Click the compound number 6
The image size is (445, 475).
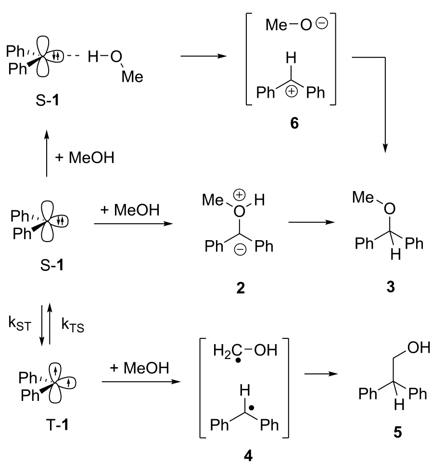tap(294, 123)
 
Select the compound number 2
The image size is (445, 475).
tap(241, 287)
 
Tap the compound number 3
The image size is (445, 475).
tap(391, 286)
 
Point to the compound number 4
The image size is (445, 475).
tap(248, 455)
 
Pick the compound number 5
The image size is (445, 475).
tap(397, 432)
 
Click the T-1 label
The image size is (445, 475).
tap(57, 424)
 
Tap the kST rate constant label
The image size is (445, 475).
tap(20, 323)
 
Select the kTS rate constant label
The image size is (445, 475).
tap(73, 325)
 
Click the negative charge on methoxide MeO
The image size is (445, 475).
tap(322, 23)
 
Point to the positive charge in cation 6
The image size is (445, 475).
tap(292, 91)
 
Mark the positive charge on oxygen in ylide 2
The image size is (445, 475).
tap(240, 195)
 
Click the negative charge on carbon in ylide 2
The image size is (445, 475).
tap(241, 250)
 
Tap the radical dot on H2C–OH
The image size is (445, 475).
tap(238, 360)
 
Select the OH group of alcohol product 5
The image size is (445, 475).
tap(419, 347)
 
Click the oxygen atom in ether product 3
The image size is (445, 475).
tap(390, 208)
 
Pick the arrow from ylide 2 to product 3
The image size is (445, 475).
tap(312, 222)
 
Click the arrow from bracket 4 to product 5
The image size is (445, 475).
tap(321, 374)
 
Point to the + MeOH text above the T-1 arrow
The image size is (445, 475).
tap(139, 368)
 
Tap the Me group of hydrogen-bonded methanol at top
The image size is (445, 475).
tap(132, 77)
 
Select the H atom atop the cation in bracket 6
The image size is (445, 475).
tap(291, 58)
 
